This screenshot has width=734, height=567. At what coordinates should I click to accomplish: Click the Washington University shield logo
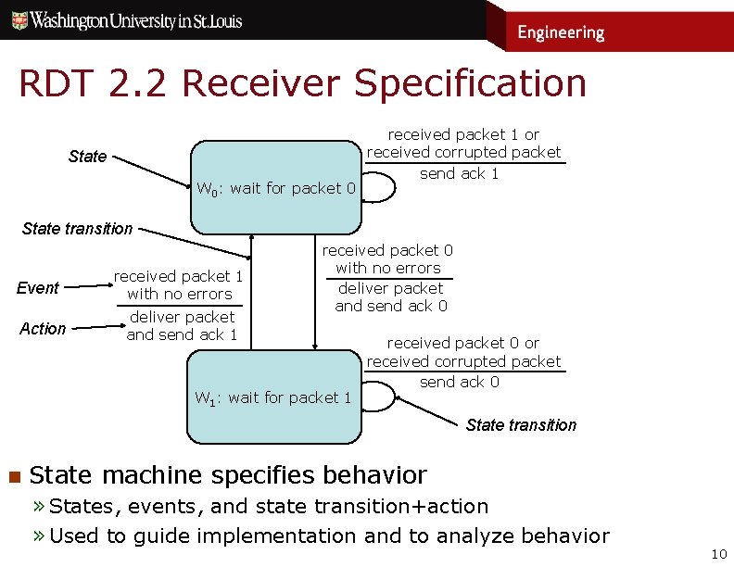pyautogui.click(x=17, y=19)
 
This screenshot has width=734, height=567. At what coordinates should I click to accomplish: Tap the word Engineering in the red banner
pyautogui.click(x=560, y=32)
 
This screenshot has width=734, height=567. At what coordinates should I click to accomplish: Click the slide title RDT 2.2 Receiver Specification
pyautogui.click(x=302, y=83)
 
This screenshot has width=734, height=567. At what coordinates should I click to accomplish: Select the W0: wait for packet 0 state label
pyautogui.click(x=276, y=189)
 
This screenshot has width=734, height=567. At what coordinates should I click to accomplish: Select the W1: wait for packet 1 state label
pyautogui.click(x=272, y=398)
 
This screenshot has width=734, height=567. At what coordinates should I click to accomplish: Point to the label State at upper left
pyautogui.click(x=88, y=157)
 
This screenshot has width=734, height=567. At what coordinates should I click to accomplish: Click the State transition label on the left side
pyautogui.click(x=77, y=228)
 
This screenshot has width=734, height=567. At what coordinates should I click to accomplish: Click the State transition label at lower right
pyautogui.click(x=521, y=425)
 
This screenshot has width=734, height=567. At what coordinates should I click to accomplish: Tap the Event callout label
pyautogui.click(x=38, y=288)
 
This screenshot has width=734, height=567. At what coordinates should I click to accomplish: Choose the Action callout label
pyautogui.click(x=43, y=329)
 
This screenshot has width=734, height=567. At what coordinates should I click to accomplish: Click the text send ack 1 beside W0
pyautogui.click(x=459, y=174)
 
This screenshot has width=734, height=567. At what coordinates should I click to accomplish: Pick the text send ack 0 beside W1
pyautogui.click(x=459, y=382)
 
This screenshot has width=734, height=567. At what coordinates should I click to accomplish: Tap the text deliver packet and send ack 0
pyautogui.click(x=390, y=297)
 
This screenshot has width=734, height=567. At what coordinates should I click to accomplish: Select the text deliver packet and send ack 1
pyautogui.click(x=182, y=326)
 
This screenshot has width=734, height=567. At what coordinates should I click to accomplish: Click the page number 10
pyautogui.click(x=717, y=554)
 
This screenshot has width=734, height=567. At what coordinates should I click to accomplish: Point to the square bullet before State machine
pyautogui.click(x=13, y=477)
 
